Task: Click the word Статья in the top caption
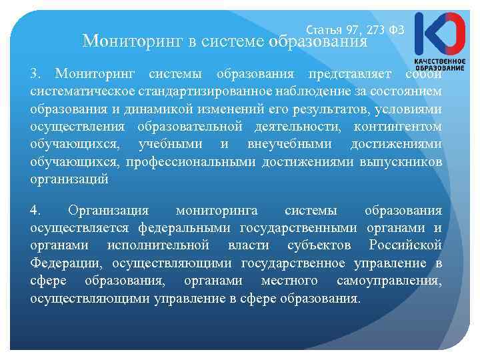click(324, 31)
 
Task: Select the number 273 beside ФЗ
click(375, 31)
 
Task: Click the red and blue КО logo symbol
click(439, 33)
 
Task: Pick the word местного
click(295, 281)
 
